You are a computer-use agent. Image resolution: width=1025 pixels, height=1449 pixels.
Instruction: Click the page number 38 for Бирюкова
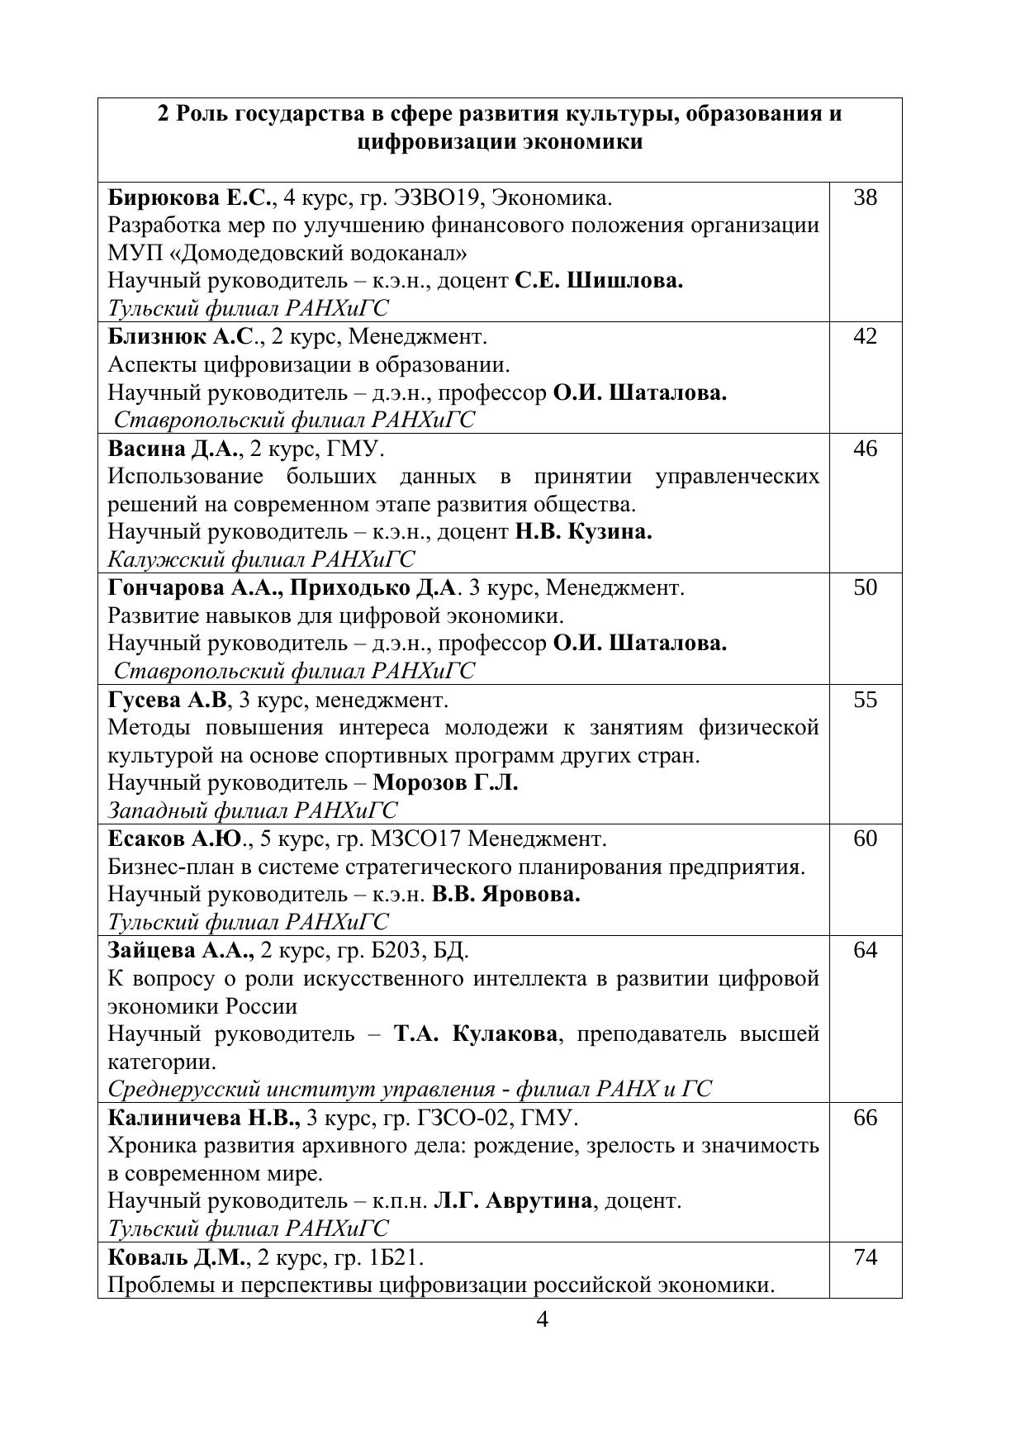865,198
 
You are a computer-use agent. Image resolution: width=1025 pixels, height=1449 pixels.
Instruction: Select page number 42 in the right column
865,337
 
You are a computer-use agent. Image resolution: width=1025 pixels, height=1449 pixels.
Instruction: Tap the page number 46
865,449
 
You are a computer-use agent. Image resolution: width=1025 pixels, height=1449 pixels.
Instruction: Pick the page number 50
865,588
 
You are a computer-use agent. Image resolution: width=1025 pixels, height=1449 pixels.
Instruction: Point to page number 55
865,701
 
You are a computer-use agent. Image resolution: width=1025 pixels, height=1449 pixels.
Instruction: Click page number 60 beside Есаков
865,839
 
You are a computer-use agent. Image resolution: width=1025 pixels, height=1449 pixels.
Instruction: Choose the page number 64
865,951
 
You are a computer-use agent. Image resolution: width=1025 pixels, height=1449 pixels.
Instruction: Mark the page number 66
865,1119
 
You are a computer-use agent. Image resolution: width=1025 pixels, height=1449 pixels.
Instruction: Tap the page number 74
865,1258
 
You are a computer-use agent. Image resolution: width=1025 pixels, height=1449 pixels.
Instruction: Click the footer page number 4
543,1319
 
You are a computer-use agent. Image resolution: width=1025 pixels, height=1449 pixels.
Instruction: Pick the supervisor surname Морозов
420,782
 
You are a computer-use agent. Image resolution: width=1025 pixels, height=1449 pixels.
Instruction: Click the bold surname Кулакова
505,1034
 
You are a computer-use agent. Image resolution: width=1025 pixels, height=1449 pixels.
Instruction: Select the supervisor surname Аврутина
538,1201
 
